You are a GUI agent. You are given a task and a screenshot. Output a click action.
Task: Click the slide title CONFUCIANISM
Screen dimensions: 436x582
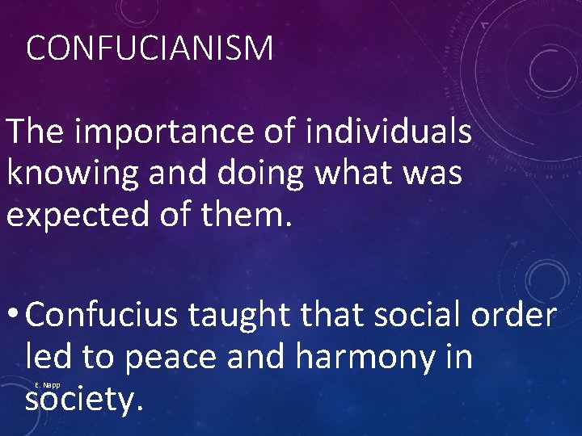[150, 49]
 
